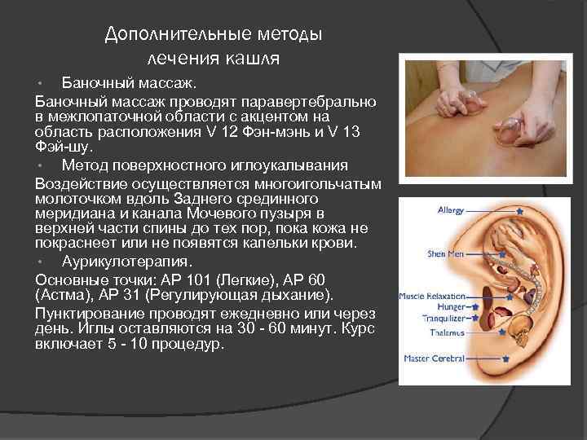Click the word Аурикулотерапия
point(127,262)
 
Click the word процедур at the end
point(188,344)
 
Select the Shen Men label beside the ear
point(445,254)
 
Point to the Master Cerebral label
point(435,359)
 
